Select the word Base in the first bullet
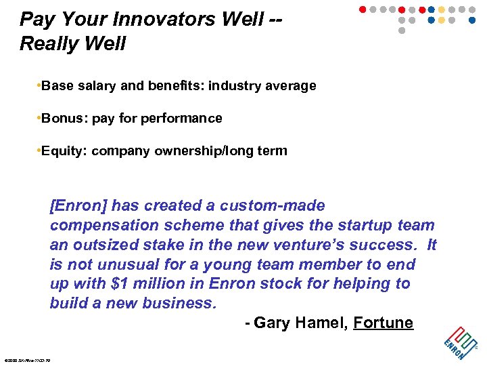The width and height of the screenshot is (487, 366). pyautogui.click(x=57, y=86)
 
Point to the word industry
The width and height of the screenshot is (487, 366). pyautogui.click(x=235, y=86)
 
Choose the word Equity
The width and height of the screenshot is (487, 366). pyautogui.click(x=64, y=151)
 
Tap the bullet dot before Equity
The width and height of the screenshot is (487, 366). pyautogui.click(x=39, y=151)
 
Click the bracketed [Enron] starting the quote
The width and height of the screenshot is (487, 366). pyautogui.click(x=78, y=206)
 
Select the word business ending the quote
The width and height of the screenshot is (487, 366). pyautogui.click(x=183, y=303)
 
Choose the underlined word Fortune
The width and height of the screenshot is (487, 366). pyautogui.click(x=384, y=323)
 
